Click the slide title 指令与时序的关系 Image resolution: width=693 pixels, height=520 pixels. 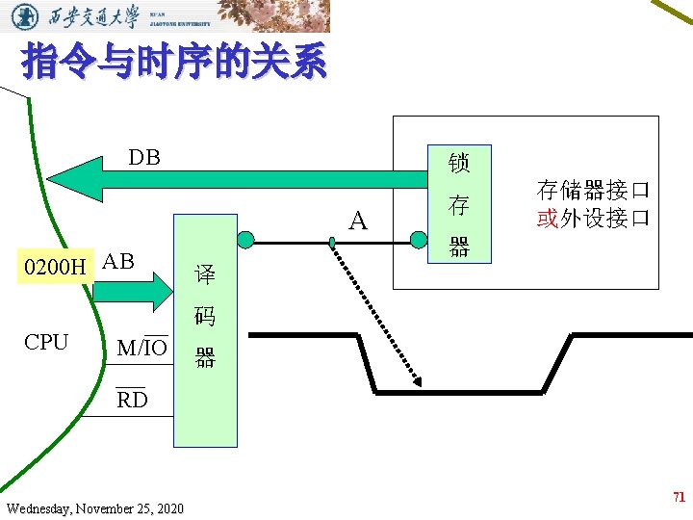coord(174,64)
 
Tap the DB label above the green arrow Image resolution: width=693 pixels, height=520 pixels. coord(144,157)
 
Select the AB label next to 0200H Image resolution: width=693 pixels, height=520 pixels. coord(117,261)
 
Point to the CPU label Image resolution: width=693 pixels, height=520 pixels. coord(46,342)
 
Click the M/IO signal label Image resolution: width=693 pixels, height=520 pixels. coord(141,348)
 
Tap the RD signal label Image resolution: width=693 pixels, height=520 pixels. coord(132,400)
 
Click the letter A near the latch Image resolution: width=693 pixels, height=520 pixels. coord(358,221)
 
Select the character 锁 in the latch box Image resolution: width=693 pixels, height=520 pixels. coord(459,163)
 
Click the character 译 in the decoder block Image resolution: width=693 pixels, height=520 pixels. coord(204,273)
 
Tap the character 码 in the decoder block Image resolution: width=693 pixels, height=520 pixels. coord(204,316)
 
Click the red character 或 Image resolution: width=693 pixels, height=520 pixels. coord(548,218)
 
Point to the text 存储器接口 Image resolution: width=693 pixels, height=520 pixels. coord(593,189)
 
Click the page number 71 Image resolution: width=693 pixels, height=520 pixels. coord(679,498)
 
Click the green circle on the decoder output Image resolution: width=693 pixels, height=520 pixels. coord(245,239)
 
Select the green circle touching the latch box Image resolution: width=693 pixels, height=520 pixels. coord(419,239)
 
